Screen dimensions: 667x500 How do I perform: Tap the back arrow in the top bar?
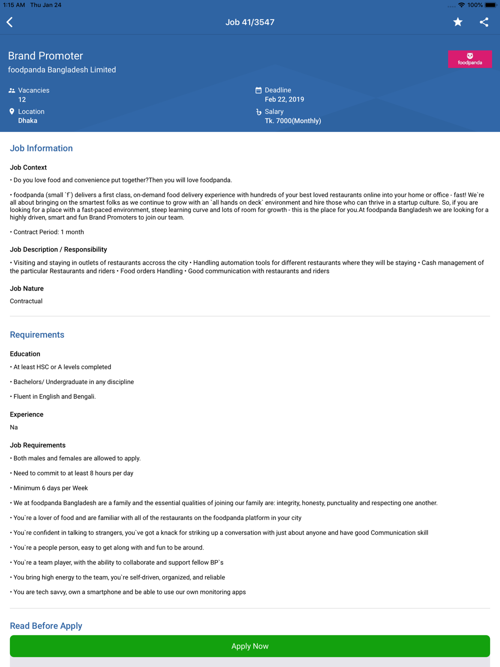[10, 22]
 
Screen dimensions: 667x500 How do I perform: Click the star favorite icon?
[457, 22]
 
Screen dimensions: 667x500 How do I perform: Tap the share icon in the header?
[484, 22]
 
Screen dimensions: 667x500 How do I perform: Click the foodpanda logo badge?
[469, 59]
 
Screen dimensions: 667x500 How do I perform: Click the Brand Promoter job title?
[45, 56]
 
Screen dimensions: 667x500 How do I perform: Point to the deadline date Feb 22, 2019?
[284, 99]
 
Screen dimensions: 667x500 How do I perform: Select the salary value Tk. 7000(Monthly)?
[293, 121]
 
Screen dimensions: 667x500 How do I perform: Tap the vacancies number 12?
[22, 99]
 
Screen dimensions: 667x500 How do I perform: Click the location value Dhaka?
[27, 121]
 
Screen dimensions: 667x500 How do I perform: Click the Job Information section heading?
[41, 148]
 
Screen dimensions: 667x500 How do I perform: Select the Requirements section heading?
[37, 335]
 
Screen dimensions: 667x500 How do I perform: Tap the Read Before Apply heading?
[46, 626]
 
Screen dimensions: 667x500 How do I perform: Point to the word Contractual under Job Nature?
[26, 301]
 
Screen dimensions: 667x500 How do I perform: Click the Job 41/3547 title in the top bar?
[250, 22]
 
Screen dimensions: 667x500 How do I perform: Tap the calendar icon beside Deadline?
[258, 90]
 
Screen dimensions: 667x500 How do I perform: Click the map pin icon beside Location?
[12, 111]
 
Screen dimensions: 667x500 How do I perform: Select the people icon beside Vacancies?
[12, 90]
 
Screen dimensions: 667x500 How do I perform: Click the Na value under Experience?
[14, 427]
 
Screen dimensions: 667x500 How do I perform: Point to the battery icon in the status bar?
[490, 5]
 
